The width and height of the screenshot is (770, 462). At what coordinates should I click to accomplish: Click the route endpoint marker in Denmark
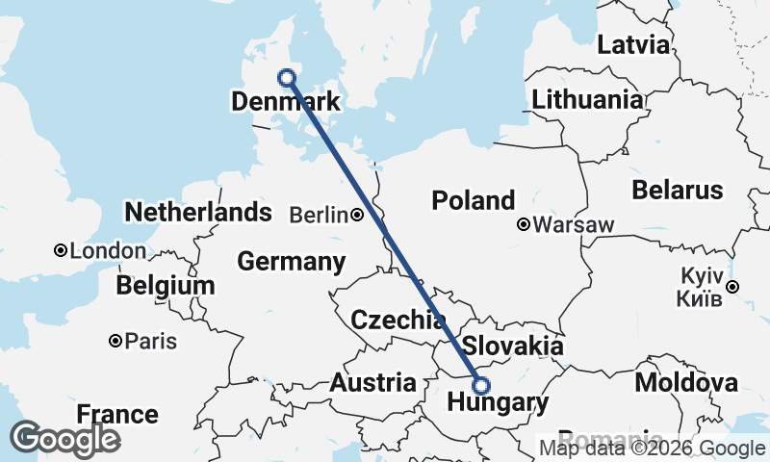286,78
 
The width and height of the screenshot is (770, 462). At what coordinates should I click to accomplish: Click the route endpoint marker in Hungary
481,386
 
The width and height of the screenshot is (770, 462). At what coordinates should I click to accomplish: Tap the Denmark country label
285,101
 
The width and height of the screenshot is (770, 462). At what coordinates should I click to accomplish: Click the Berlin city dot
356,215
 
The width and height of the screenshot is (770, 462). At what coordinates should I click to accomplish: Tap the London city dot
61,250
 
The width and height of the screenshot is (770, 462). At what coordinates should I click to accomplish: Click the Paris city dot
115,341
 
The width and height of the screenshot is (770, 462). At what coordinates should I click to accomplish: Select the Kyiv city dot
732,286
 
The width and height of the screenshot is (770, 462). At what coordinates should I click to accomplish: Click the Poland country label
473,200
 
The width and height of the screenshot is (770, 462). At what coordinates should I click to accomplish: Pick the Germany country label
291,261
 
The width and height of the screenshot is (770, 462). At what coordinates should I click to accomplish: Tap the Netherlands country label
198,212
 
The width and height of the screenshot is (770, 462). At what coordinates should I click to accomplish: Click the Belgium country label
165,286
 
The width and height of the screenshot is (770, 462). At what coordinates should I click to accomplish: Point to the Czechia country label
398,320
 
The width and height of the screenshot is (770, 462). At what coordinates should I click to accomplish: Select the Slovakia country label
512,346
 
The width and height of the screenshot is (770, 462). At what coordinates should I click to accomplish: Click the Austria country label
372,382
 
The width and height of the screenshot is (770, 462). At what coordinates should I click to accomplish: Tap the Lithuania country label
587,99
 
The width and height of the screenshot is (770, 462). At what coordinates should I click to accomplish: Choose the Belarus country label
677,189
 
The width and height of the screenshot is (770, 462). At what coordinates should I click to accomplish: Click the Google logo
64,438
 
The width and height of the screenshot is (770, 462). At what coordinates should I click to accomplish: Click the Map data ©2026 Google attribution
652,449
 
